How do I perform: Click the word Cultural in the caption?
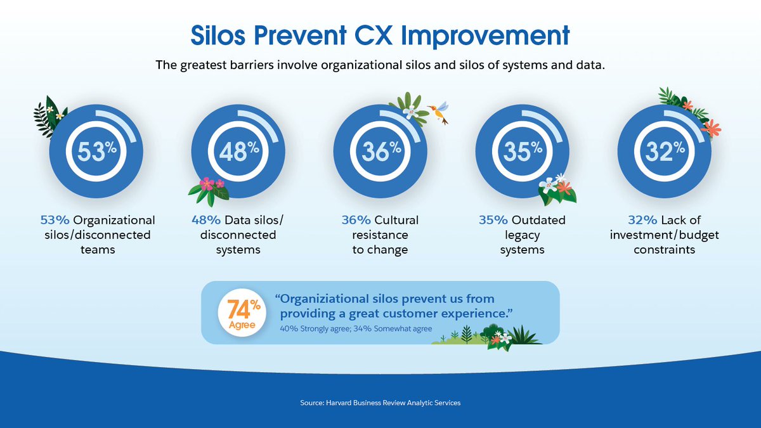click(396, 220)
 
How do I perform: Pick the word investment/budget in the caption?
click(665, 235)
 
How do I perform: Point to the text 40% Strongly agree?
click(315, 328)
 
